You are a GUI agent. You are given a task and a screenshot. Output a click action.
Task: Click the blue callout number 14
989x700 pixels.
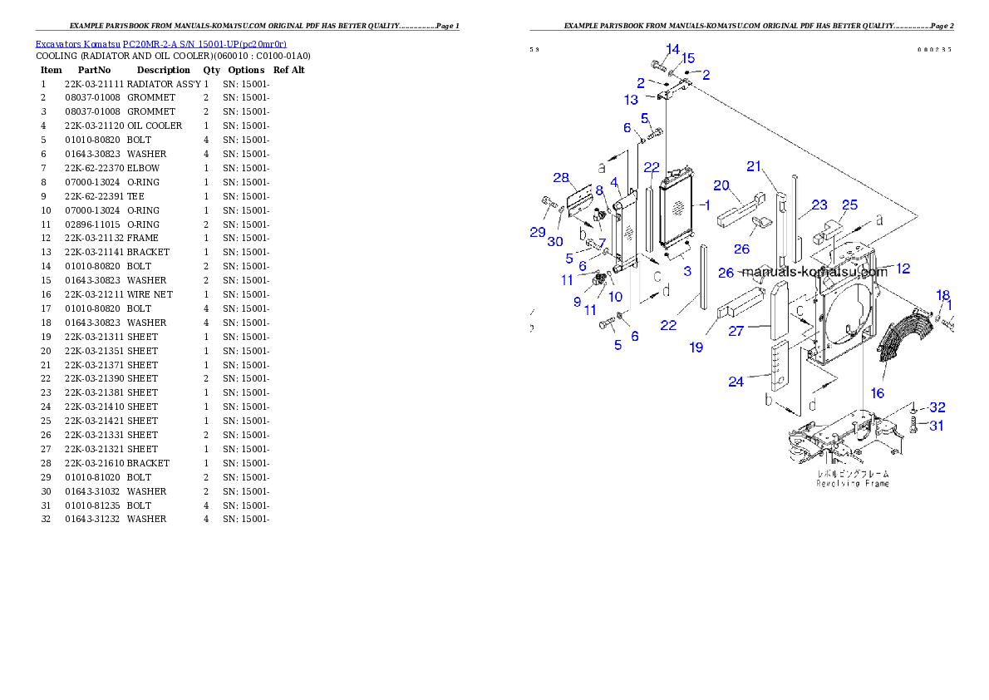pos(672,48)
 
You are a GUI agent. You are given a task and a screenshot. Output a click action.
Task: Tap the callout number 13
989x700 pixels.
pos(632,100)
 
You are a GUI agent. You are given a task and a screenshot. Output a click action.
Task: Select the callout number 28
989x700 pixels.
pos(561,178)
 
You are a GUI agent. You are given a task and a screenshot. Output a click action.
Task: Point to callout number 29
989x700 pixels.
pos(538,232)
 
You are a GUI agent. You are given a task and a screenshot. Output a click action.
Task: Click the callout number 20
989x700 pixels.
pos(721,185)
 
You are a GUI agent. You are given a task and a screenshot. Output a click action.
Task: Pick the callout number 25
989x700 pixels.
pos(849,205)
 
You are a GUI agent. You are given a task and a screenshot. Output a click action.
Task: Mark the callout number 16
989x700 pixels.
pos(877,393)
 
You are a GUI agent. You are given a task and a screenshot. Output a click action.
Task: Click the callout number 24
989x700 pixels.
pos(736,382)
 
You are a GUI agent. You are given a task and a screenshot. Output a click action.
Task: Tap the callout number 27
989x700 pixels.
pos(736,330)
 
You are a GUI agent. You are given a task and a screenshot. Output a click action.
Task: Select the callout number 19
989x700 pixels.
pos(696,348)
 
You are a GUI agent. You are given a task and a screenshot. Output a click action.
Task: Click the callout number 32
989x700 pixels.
pos(937,407)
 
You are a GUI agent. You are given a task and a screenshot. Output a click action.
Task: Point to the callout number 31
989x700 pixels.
pos(937,426)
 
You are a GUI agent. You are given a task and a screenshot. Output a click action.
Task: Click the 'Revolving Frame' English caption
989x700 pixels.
pos(852,484)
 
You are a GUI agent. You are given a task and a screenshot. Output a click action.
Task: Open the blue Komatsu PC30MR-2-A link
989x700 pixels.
pos(160,44)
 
